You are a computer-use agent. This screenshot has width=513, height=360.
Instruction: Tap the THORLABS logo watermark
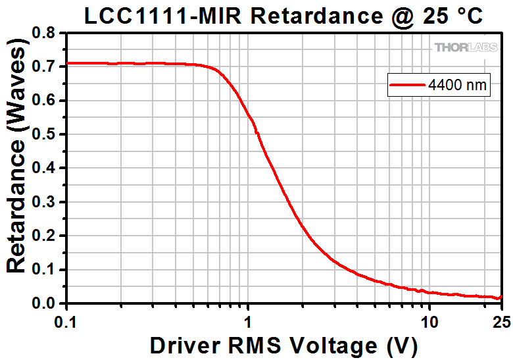pyautogui.click(x=465, y=47)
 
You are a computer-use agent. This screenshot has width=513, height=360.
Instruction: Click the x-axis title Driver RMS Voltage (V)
pyautogui.click(x=283, y=344)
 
